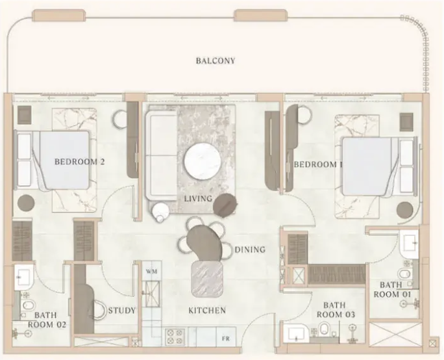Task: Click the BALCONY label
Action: point(216,60)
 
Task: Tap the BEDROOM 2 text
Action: point(80,162)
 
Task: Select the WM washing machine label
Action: point(151,271)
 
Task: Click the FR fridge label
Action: point(226,339)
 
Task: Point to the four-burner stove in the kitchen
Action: point(175,337)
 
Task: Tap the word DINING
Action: point(250,250)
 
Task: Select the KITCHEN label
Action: point(207,311)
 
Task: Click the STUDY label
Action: point(122,311)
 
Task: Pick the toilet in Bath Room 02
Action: point(28,305)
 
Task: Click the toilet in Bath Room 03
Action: point(324,329)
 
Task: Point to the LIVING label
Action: point(198,198)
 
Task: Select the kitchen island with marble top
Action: point(206,279)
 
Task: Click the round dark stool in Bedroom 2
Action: point(27,203)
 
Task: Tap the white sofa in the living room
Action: point(162,156)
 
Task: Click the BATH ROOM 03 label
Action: point(336,310)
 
